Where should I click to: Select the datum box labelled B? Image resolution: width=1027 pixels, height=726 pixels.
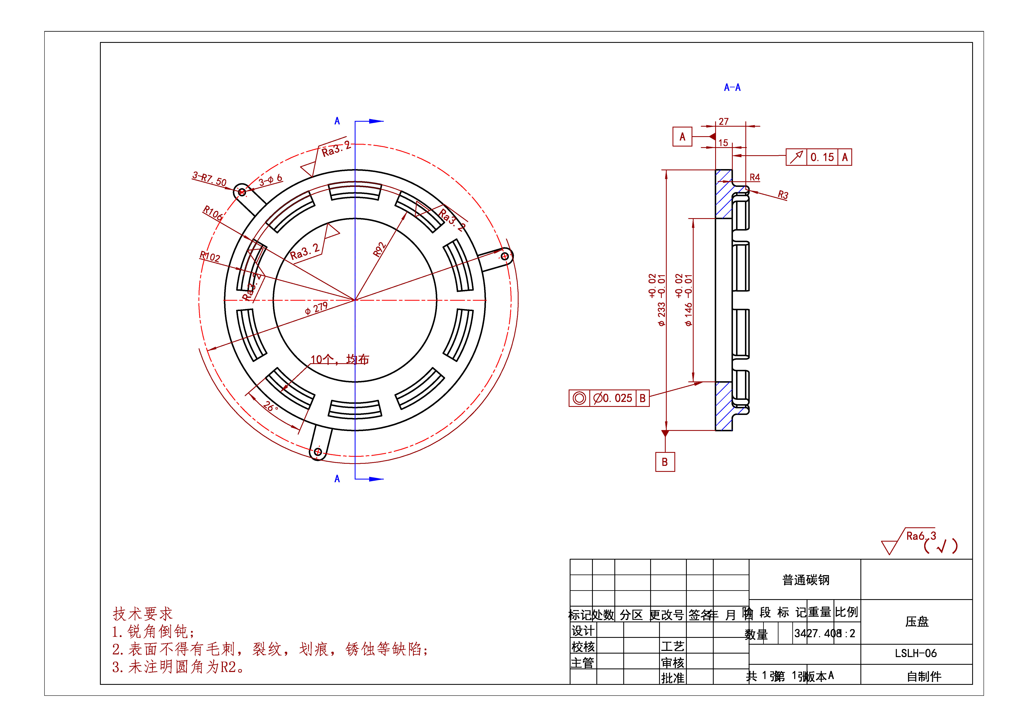(x=665, y=462)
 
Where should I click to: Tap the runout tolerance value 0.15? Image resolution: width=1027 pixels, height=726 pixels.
(x=822, y=157)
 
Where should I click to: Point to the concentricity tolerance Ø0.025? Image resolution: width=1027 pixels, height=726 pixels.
(x=613, y=398)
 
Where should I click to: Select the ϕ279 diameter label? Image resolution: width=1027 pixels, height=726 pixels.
(x=316, y=308)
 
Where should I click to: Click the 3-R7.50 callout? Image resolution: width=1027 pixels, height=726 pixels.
(x=209, y=179)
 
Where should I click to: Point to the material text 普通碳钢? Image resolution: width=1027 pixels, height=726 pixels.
(x=806, y=580)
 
